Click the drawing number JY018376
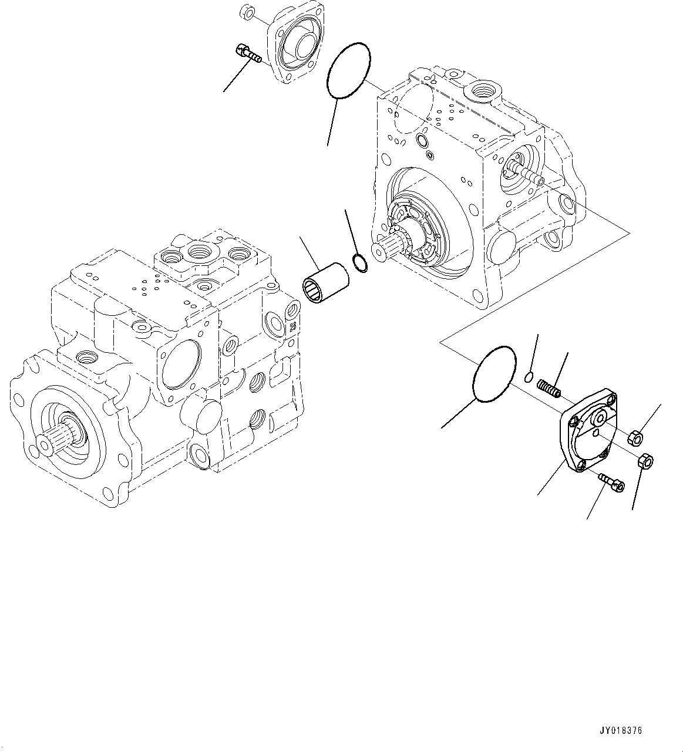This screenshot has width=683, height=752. (621, 731)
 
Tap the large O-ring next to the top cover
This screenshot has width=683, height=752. (349, 70)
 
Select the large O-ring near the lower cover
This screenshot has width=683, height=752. (494, 375)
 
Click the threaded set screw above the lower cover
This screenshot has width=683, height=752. (550, 388)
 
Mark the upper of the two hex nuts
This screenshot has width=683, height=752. (636, 437)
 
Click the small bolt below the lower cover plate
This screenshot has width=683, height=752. (611, 482)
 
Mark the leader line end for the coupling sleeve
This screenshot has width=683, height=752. (300, 238)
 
